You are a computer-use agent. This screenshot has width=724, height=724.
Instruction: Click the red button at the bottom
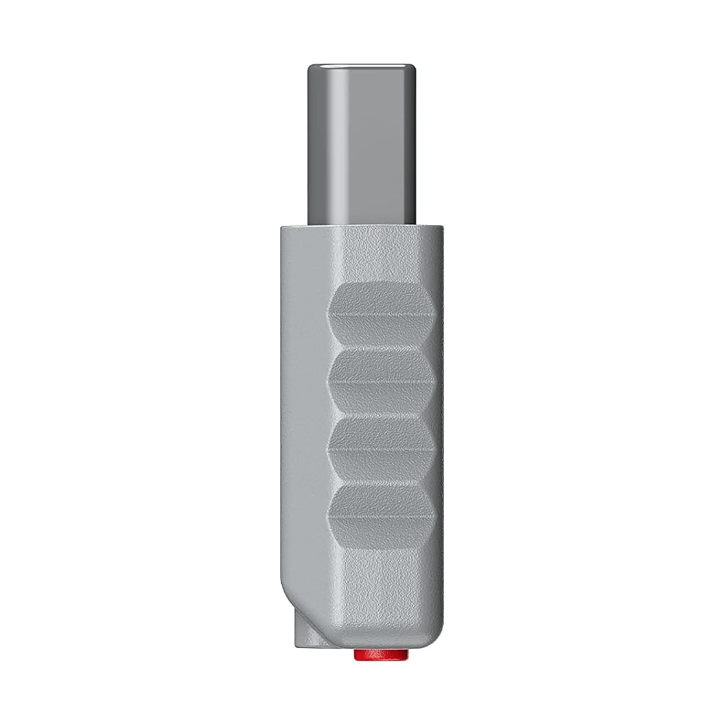380,655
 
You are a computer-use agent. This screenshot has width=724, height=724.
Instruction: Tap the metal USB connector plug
362,145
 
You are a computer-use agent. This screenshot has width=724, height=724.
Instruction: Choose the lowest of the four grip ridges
384,510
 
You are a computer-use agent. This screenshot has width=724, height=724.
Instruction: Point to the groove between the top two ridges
384,345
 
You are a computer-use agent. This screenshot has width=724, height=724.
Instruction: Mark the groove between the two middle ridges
384,411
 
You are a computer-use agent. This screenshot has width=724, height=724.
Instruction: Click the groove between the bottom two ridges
384,476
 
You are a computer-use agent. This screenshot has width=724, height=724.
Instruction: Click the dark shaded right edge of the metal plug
413,145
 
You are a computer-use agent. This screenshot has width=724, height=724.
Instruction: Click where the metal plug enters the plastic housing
362,224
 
